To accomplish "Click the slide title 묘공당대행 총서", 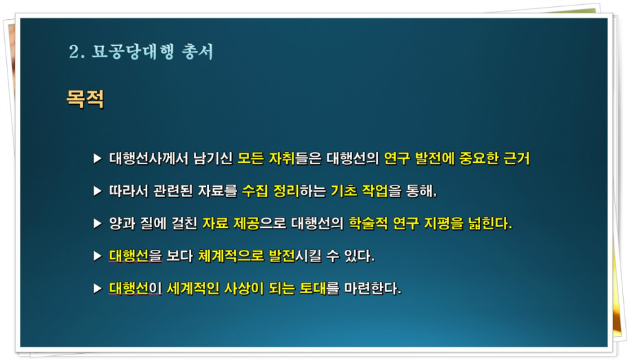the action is click(152, 52).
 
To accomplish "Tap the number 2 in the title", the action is click(75, 52).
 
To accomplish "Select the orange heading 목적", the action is click(85, 99).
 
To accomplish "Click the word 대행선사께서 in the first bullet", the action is click(149, 158).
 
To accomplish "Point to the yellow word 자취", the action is click(281, 158).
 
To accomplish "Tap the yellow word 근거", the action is click(517, 158).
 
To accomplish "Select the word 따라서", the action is click(129, 191).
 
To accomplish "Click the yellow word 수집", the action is click(255, 191).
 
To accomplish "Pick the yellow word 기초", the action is click(344, 191).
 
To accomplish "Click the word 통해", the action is click(421, 191).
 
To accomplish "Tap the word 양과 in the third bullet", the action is click(122, 223).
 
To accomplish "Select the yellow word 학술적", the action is click(368, 223).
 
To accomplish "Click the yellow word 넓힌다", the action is click(490, 223).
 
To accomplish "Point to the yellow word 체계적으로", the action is click(231, 255).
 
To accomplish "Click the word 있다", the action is click(360, 255).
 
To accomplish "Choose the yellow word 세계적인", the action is click(193, 288).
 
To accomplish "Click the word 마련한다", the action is click(373, 288).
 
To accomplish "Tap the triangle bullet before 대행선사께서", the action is click(97, 158).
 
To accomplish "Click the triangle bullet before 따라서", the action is click(97, 191).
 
